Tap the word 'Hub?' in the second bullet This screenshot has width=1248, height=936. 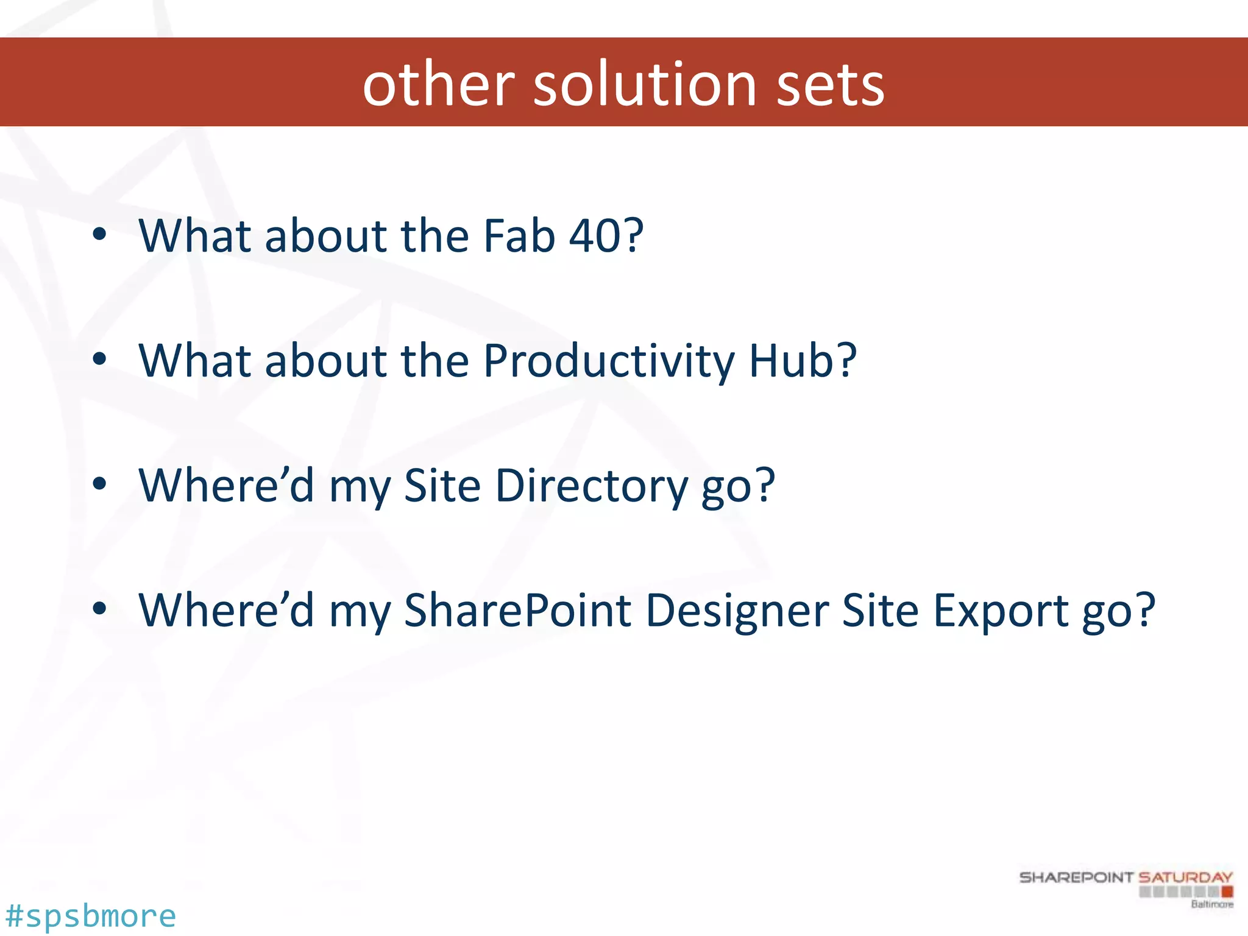[803, 361]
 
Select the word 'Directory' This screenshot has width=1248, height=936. [591, 486]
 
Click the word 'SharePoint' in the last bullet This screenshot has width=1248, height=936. [517, 610]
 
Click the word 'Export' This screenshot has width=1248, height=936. [1000, 610]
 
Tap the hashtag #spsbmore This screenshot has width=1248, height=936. [90, 916]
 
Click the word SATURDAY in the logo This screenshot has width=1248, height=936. [1185, 877]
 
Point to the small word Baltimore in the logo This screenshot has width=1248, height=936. [1211, 904]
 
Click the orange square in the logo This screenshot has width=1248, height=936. [1227, 892]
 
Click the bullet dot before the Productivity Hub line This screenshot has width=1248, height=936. [99, 359]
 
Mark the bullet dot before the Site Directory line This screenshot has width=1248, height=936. [99, 484]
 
